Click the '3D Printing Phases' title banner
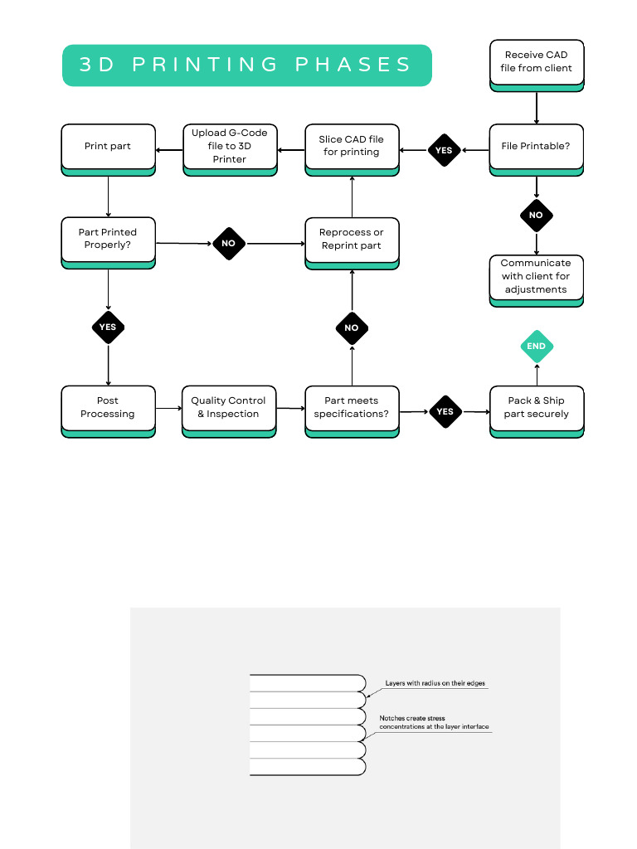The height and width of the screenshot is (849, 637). [x=246, y=65]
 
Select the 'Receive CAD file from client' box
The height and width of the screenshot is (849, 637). [x=536, y=61]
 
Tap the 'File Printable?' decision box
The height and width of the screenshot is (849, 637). [x=536, y=147]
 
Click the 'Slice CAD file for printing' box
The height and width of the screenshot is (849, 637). [x=352, y=147]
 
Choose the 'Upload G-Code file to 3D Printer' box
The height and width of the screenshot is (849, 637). [x=230, y=147]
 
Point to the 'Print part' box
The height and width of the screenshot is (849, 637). [x=108, y=147]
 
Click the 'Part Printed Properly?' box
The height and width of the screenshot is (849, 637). [x=108, y=240]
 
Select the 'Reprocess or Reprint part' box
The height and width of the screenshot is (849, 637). [x=352, y=240]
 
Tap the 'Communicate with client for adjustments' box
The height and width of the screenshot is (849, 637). [x=536, y=277]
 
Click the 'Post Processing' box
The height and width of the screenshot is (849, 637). [x=108, y=408]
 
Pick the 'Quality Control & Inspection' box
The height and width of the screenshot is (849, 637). [x=229, y=408]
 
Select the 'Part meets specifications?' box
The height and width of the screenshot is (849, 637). [x=352, y=408]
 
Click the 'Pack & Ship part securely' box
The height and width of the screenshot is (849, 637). [x=536, y=408]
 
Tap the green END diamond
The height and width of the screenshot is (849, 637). [x=536, y=347]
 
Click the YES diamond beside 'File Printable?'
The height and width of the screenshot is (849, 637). [x=444, y=151]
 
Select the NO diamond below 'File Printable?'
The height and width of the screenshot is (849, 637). [x=536, y=216]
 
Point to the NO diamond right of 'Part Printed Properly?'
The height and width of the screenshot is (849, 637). [x=229, y=244]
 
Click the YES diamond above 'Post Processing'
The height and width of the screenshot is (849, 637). [x=108, y=327]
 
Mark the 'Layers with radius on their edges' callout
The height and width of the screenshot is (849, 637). [x=435, y=684]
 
